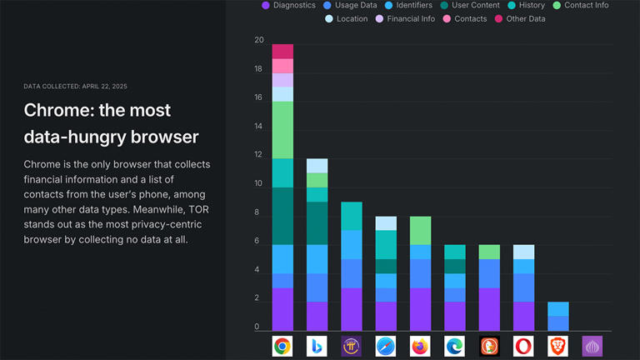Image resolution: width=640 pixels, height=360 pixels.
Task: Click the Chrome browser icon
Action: tap(282, 346)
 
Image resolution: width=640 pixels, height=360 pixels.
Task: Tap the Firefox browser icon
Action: tap(420, 346)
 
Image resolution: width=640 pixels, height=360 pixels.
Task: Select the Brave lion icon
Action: tap(557, 346)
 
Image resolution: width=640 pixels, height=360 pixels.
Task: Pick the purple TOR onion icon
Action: tap(592, 346)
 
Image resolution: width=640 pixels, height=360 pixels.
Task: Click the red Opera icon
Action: tap(523, 346)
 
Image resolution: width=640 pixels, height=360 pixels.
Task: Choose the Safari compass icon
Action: tap(386, 346)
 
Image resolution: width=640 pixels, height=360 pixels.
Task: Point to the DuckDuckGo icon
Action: tap(489, 346)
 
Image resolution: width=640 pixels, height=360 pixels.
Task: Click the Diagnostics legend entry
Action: tap(288, 5)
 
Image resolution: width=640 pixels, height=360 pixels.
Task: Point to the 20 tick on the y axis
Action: tap(259, 40)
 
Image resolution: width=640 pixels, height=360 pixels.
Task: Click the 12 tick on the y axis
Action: tap(259, 155)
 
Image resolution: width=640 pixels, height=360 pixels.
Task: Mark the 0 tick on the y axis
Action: tap(257, 327)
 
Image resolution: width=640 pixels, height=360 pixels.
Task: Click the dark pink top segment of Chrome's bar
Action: tap(282, 52)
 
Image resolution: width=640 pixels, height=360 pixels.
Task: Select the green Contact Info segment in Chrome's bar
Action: tap(282, 130)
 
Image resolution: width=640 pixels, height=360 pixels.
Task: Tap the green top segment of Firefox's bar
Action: tap(420, 230)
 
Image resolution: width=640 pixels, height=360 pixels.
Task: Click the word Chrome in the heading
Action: tap(56, 110)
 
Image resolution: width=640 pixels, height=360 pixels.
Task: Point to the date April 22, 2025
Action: tap(100, 86)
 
